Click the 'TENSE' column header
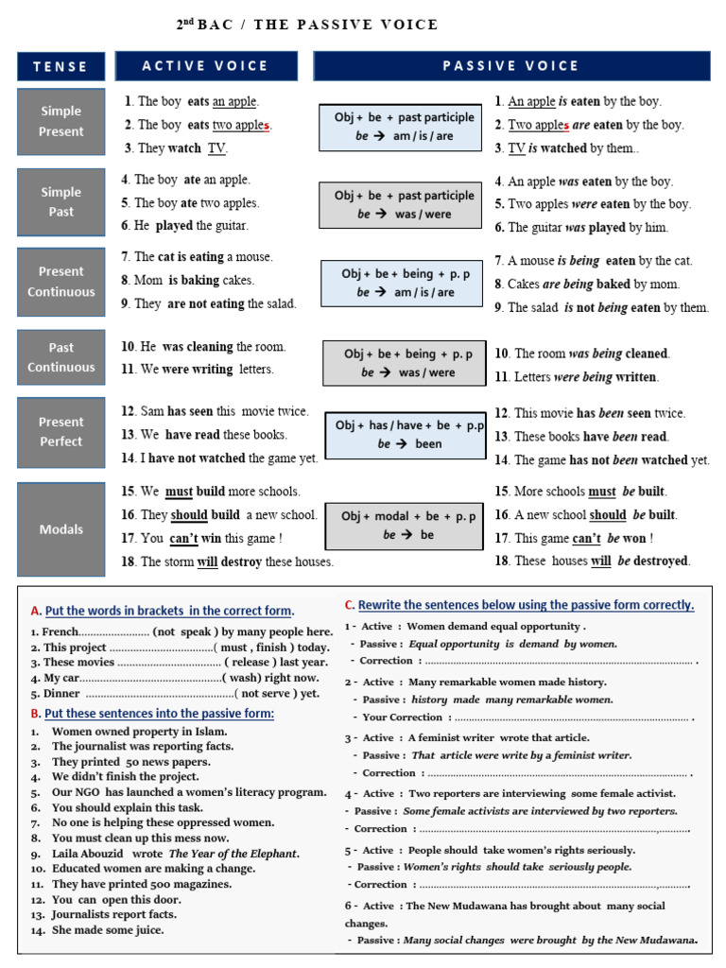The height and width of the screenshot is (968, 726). pyautogui.click(x=60, y=66)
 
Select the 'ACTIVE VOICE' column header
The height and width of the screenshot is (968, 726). pyautogui.click(x=205, y=66)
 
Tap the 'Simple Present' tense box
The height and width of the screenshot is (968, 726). pyautogui.click(x=60, y=122)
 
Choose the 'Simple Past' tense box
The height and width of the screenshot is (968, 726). pyautogui.click(x=60, y=202)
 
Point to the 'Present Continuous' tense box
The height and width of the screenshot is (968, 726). pyautogui.click(x=60, y=282)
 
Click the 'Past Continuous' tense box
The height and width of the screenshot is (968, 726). pyautogui.click(x=60, y=357)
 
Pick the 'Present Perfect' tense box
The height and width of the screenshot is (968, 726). pyautogui.click(x=60, y=432)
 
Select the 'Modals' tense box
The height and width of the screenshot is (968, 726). pyautogui.click(x=60, y=529)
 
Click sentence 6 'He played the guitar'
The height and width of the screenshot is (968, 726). pyautogui.click(x=185, y=226)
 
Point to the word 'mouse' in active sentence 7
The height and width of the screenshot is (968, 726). pyautogui.click(x=255, y=257)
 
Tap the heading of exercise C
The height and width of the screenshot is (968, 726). pyautogui.click(x=519, y=605)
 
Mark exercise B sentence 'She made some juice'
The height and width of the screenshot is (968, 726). pyautogui.click(x=108, y=929)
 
